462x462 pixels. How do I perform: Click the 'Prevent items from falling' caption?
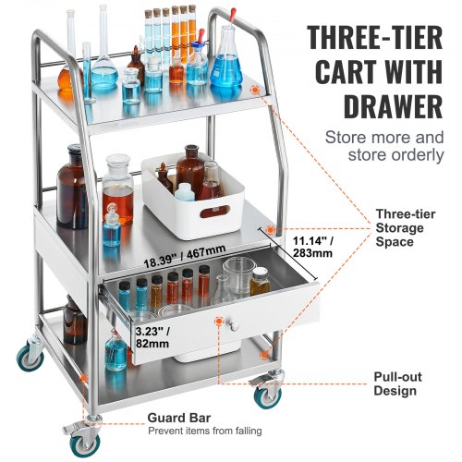point(204,432)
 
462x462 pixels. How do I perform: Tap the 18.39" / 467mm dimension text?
point(189,251)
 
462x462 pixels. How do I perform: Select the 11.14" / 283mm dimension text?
point(307,245)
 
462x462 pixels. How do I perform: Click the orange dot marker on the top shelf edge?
point(255,90)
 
